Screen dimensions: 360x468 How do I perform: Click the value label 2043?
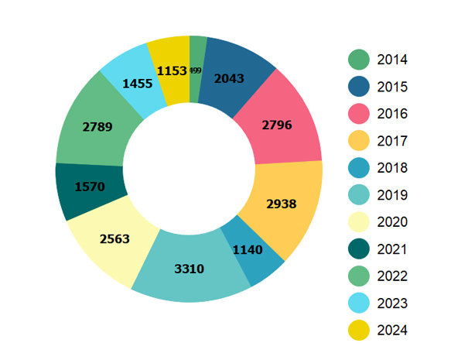tap(230, 78)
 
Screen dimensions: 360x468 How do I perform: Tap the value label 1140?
tap(248, 250)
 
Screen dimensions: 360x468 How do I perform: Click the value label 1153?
tap(171, 70)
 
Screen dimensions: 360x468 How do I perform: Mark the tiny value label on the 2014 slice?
tap(195, 70)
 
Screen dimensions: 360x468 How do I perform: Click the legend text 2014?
tap(392, 60)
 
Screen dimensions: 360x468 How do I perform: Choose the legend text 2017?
tap(392, 141)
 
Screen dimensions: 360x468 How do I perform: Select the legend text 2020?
tap(392, 222)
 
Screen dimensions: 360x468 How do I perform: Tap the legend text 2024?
tap(392, 331)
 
